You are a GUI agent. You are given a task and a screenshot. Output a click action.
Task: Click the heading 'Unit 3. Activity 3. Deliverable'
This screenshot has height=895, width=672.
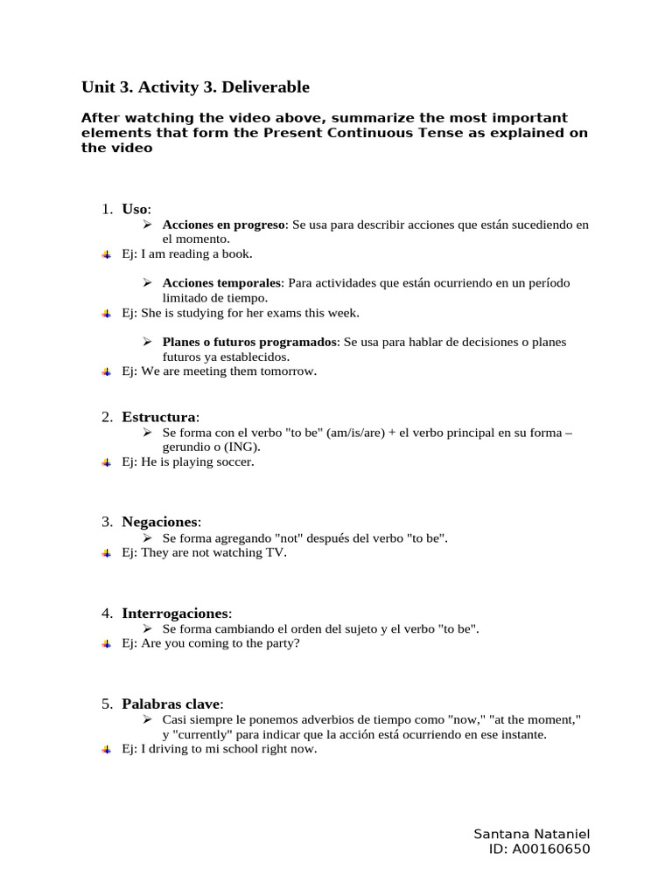click(x=195, y=87)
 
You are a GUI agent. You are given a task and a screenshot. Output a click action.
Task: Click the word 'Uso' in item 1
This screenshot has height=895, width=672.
click(x=135, y=209)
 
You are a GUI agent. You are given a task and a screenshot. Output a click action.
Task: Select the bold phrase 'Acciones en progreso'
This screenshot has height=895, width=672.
click(x=224, y=225)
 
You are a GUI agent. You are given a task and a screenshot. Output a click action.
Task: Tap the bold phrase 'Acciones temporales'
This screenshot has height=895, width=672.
click(x=222, y=283)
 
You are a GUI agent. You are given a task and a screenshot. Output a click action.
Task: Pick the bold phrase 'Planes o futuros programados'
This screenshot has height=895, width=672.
click(x=249, y=342)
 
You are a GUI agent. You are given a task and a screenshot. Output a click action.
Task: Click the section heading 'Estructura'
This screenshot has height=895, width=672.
click(x=160, y=417)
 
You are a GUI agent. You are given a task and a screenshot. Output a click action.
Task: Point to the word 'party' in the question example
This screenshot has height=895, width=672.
click(x=281, y=643)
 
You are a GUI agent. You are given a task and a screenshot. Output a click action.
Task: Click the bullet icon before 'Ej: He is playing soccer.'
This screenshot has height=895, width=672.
click(x=106, y=461)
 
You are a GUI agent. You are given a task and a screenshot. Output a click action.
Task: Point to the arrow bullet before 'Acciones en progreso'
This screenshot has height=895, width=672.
click(x=148, y=225)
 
